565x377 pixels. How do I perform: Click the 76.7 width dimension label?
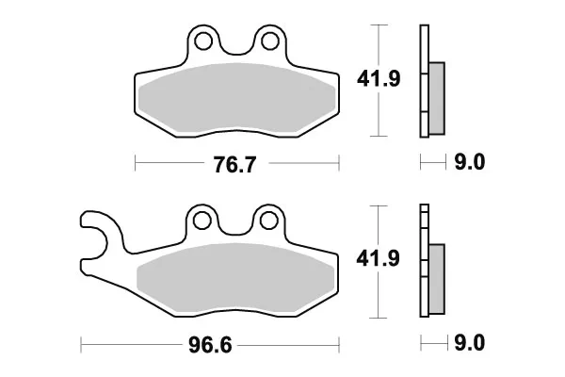point(234,165)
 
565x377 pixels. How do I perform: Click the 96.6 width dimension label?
point(210,346)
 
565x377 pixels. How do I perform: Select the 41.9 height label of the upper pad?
point(379,78)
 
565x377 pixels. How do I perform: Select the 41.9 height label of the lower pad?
point(378,258)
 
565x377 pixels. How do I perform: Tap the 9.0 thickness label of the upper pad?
point(470,161)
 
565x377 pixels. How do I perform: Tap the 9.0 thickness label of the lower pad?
point(470,342)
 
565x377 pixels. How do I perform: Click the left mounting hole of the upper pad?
point(202,41)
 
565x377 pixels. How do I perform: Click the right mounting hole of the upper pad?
point(270,41)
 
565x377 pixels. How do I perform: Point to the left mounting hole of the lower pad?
point(202,221)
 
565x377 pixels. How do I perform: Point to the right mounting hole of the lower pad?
point(268,221)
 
